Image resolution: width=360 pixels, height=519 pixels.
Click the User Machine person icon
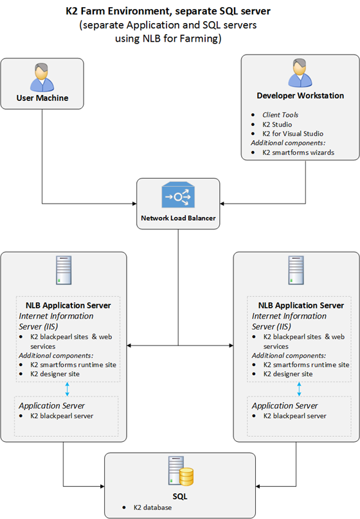(42, 77)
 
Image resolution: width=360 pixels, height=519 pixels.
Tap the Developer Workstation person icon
(300, 73)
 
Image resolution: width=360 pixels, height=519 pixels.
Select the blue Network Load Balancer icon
(178, 195)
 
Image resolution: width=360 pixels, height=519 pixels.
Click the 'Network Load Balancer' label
(178, 218)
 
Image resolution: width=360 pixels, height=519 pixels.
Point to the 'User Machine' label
(42, 98)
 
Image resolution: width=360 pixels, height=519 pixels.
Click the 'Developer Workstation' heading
(300, 96)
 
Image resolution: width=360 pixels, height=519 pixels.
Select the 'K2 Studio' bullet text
(277, 125)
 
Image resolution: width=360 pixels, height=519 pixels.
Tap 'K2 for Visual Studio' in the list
(292, 134)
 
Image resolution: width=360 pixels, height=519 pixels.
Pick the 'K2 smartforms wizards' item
(298, 153)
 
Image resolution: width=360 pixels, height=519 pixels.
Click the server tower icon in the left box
(64, 270)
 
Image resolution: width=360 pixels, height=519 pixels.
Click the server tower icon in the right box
(296, 270)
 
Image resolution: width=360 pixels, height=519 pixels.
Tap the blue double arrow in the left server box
(67, 389)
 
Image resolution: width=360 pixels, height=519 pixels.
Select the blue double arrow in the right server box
(300, 389)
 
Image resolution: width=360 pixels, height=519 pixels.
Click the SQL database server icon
(181, 471)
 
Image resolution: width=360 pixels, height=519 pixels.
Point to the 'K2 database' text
(152, 507)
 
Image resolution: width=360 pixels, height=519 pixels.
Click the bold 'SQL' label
(180, 497)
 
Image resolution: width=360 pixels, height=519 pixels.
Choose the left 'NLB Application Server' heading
(68, 306)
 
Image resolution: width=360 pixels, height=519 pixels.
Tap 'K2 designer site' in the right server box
(288, 374)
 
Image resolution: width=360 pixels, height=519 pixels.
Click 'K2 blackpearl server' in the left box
(62, 416)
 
